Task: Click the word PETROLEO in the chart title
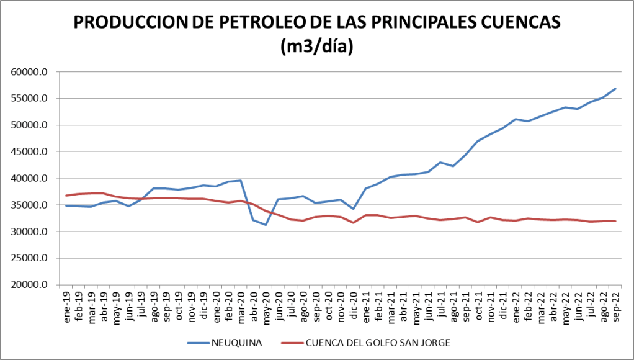pyautogui.click(x=264, y=22)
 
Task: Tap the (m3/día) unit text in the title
pyautogui.click(x=317, y=47)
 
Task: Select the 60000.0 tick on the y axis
pyautogui.click(x=29, y=72)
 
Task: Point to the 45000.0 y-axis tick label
pyautogui.click(x=29, y=151)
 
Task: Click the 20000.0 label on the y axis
pyautogui.click(x=29, y=285)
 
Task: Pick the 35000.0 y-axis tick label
pyautogui.click(x=29, y=205)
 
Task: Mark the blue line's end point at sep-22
pyautogui.click(x=615, y=89)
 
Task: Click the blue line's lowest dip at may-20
pyautogui.click(x=266, y=225)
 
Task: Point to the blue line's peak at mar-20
pyautogui.click(x=241, y=181)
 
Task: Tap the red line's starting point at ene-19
pyautogui.click(x=66, y=196)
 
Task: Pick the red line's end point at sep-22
pyautogui.click(x=615, y=221)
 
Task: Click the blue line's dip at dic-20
pyautogui.click(x=353, y=209)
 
